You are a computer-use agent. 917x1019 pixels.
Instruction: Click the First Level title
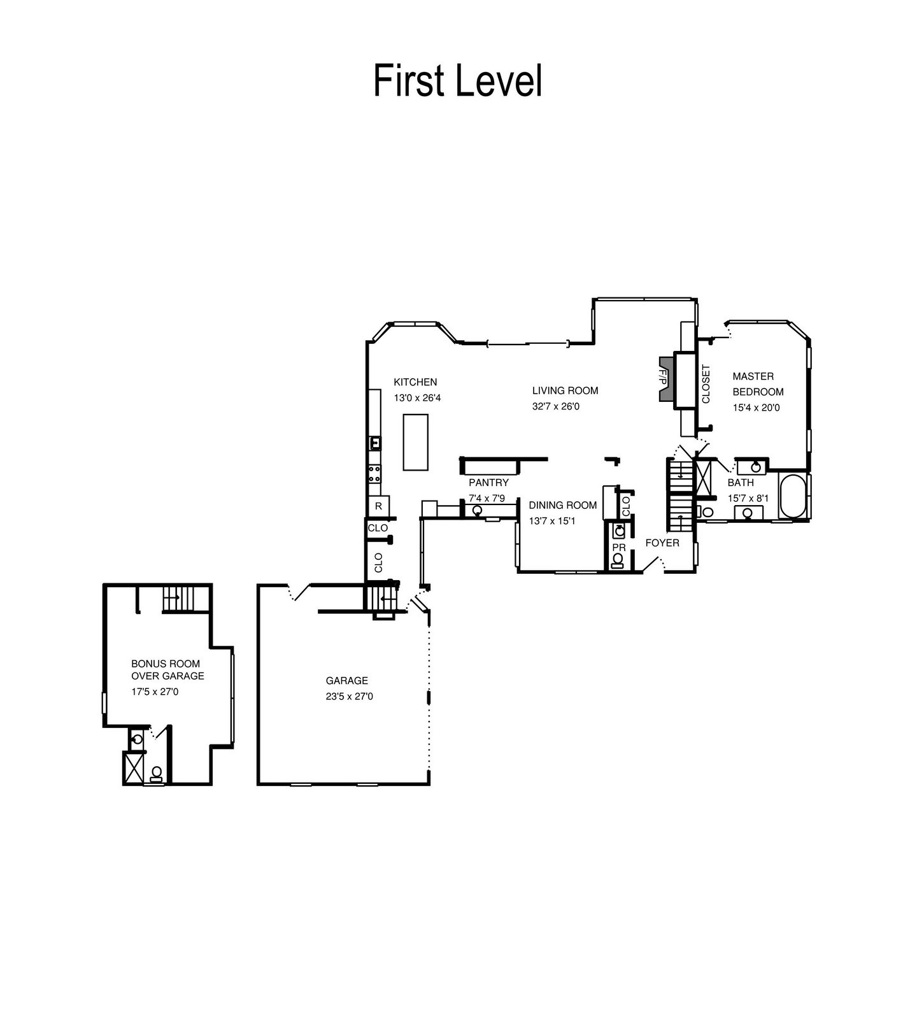point(458,81)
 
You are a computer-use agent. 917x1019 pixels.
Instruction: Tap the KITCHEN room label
point(415,382)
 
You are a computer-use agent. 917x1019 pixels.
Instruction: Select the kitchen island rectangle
point(416,442)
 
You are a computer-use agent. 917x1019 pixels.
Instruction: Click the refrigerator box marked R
point(379,506)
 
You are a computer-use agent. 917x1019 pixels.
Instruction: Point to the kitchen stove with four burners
point(375,473)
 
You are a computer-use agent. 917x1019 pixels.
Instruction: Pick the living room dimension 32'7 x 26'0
point(556,406)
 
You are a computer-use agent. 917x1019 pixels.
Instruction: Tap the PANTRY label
point(488,483)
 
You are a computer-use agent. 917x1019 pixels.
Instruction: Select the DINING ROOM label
point(563,505)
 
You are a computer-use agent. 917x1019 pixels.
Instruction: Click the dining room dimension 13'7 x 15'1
point(552,521)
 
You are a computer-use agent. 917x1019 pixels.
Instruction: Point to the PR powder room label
point(619,548)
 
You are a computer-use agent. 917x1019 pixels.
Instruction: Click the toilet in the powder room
point(618,560)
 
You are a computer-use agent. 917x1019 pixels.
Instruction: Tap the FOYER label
point(662,543)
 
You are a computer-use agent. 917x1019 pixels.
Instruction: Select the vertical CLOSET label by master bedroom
point(706,384)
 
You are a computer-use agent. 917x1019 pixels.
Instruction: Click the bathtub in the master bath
point(793,495)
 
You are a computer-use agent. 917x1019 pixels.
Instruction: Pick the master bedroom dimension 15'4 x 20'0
point(756,408)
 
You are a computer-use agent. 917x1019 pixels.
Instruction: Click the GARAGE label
point(347,680)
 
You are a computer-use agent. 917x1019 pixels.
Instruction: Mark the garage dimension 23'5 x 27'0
point(350,696)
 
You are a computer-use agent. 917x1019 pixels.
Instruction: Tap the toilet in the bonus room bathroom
point(157,774)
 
